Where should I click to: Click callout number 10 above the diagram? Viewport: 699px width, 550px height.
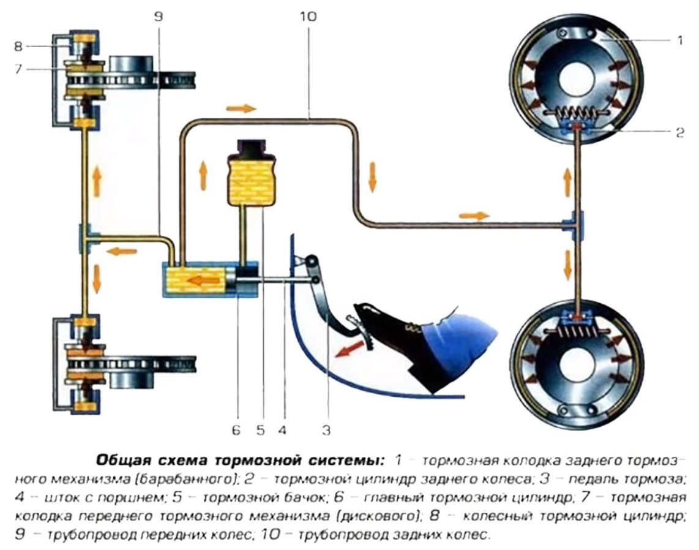(x=308, y=17)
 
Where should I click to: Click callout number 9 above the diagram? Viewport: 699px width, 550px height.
(x=159, y=17)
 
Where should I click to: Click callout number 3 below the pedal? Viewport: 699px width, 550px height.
(x=326, y=431)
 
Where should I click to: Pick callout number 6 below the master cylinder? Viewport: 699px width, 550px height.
(x=236, y=431)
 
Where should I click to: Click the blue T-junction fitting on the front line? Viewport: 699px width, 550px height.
(x=85, y=238)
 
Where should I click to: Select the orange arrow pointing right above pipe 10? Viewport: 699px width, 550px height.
(x=241, y=108)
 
